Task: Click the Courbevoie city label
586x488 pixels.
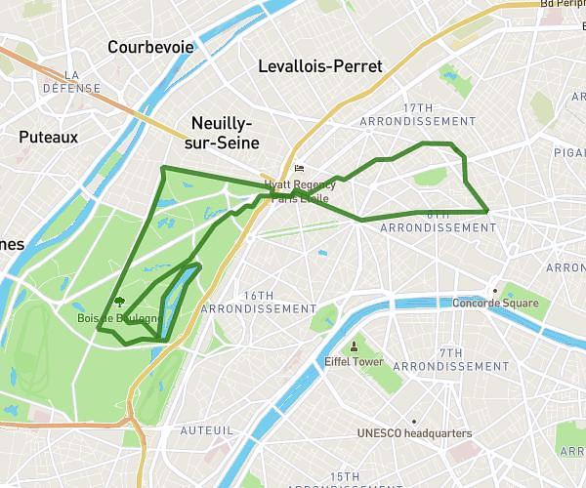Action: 150,47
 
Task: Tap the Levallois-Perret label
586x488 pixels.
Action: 320,66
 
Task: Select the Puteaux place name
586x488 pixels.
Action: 48,138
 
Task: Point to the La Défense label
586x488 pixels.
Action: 70,81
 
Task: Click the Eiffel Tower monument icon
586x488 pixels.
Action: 354,346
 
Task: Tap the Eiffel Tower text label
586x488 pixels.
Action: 354,362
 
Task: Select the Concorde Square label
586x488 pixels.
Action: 495,303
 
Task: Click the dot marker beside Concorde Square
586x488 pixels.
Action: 495,290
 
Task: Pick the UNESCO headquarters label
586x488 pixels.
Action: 414,433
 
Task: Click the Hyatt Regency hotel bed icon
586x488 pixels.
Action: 299,169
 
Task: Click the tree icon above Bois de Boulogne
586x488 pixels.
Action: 120,303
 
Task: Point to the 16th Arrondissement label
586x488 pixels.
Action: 258,302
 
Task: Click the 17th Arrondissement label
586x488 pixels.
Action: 417,114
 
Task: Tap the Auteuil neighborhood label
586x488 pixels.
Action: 206,429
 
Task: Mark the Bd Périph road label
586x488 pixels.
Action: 563,4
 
